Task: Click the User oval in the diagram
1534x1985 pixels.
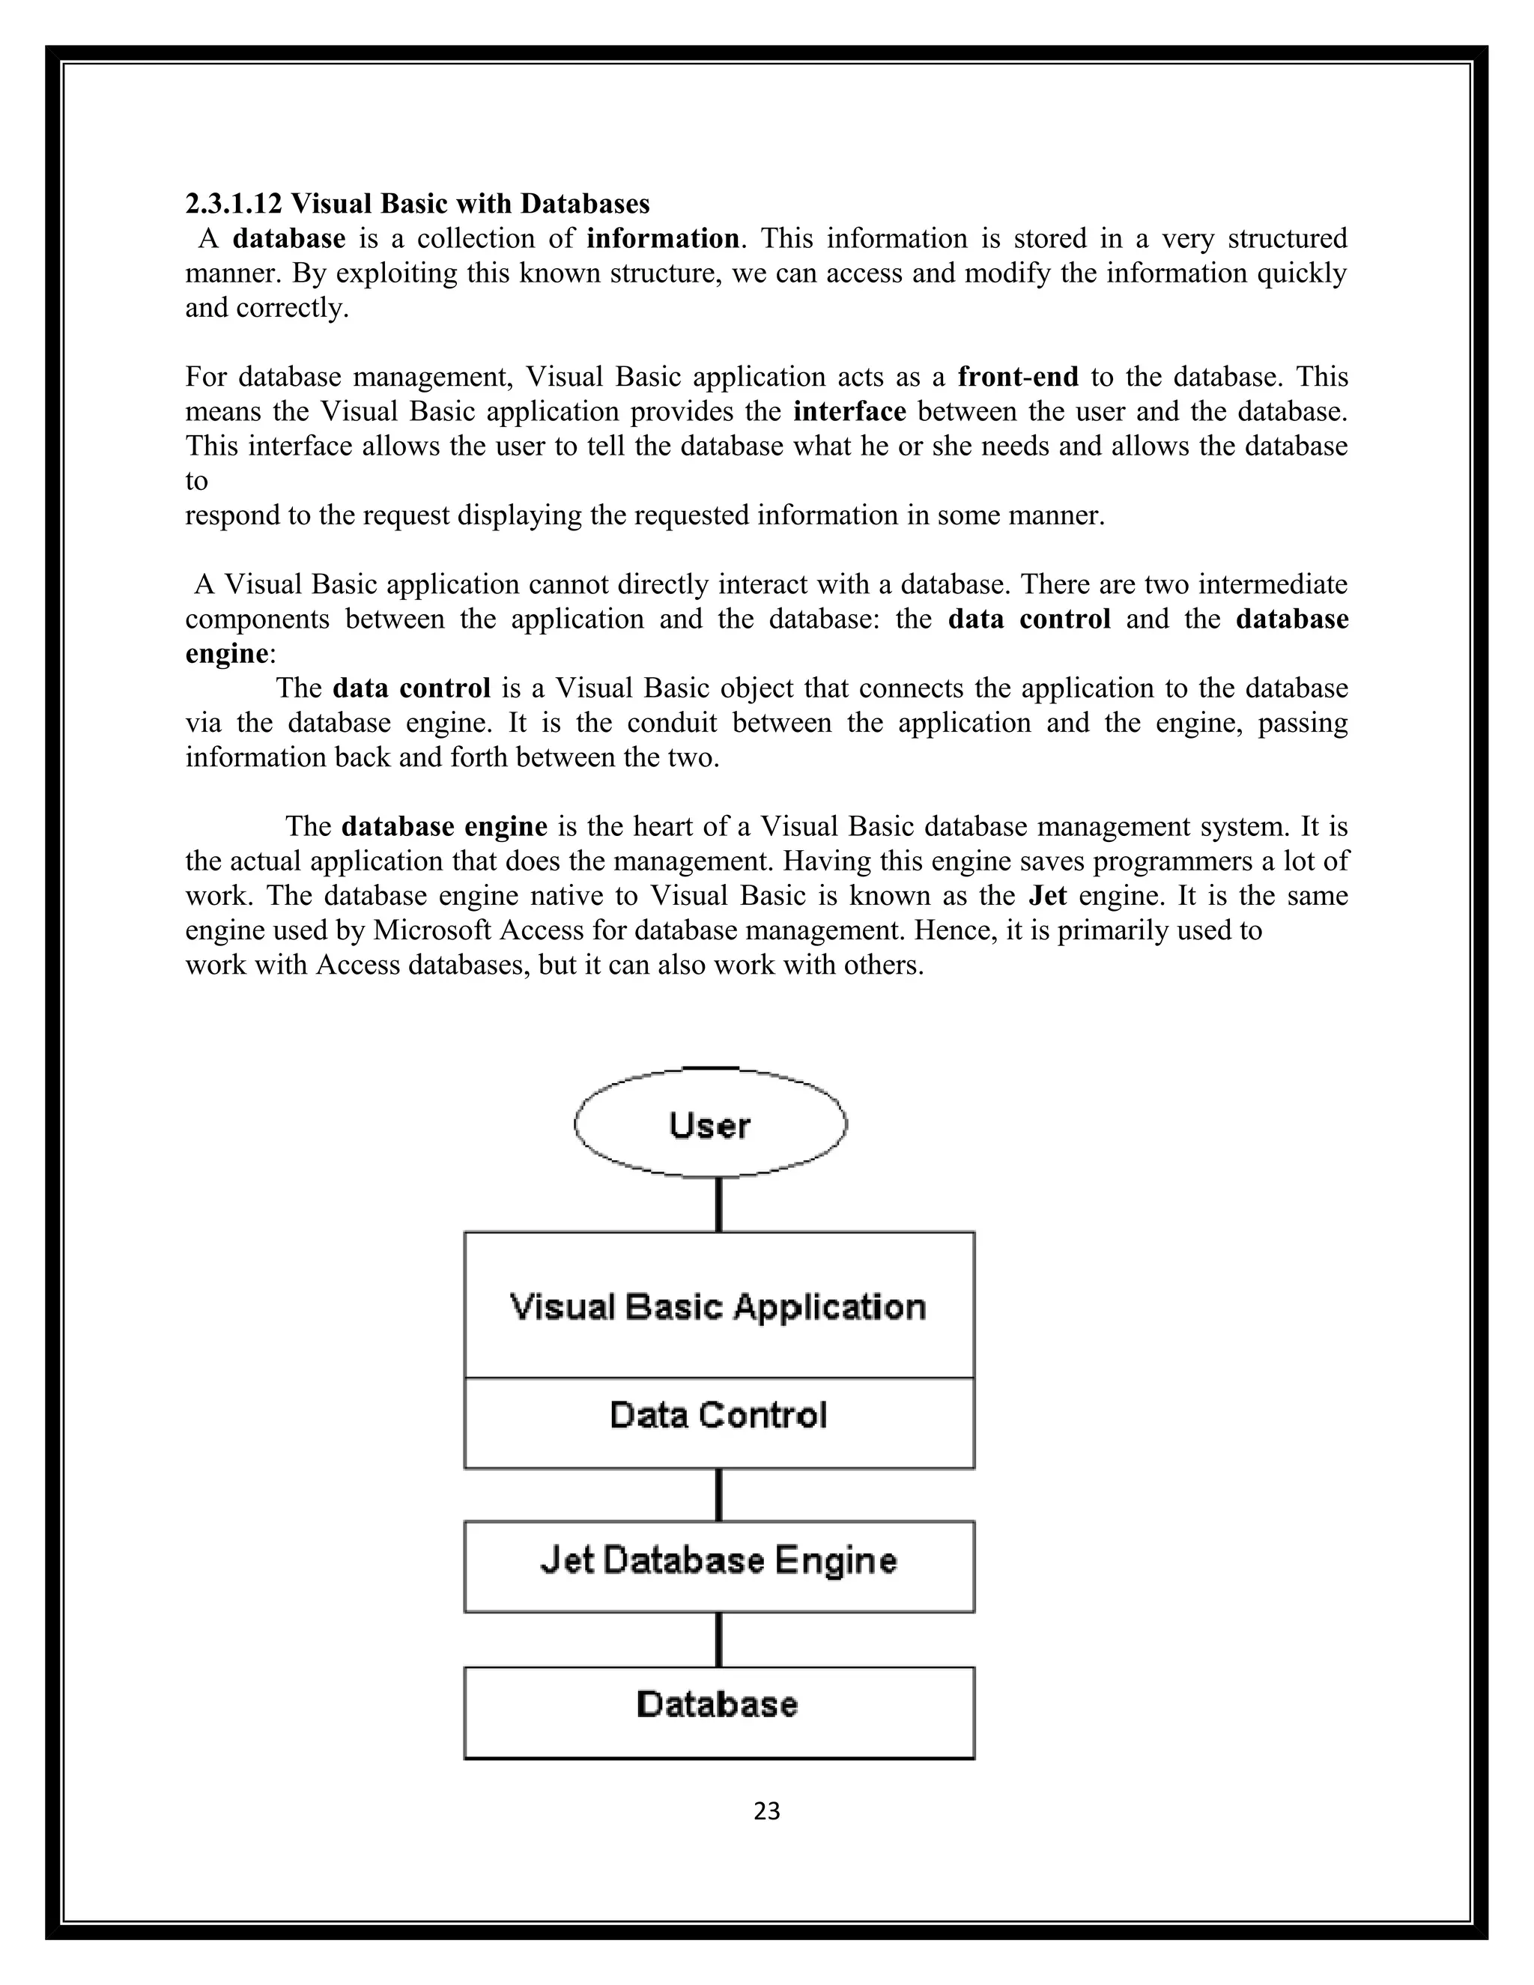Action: [711, 1124]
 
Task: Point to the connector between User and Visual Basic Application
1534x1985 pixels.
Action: [719, 1204]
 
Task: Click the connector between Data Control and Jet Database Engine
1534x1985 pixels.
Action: [719, 1494]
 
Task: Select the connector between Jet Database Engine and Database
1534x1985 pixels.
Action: [719, 1640]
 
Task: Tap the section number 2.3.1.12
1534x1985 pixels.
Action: [234, 203]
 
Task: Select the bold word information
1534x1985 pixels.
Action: [662, 238]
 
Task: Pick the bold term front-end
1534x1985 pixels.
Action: [1018, 376]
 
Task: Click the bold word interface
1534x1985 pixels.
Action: [849, 410]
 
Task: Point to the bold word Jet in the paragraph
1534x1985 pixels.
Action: [1047, 895]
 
